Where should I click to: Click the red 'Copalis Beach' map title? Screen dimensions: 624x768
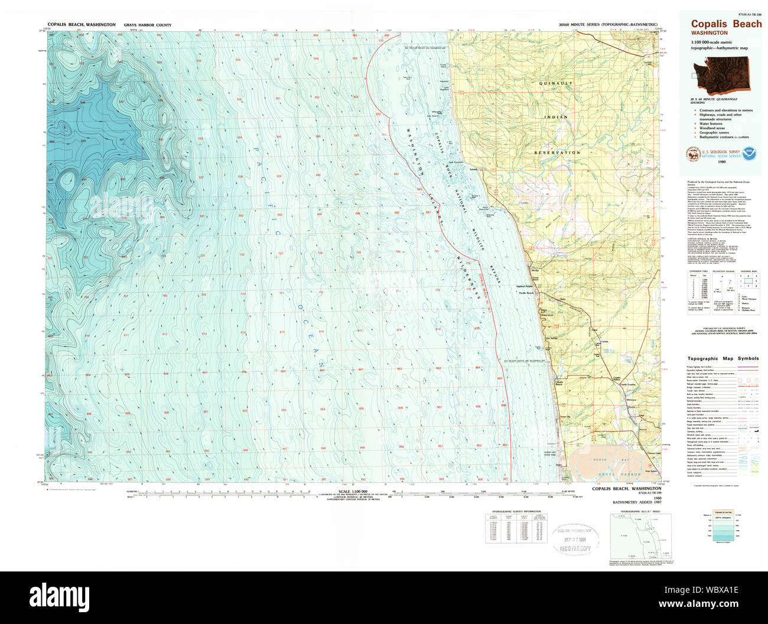726,24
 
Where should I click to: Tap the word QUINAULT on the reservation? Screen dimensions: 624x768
555,84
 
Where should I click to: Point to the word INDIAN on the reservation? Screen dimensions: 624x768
556,117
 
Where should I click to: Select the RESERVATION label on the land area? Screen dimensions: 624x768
557,152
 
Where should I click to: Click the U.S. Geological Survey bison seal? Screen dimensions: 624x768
692,154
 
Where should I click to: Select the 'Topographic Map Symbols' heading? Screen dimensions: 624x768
723,358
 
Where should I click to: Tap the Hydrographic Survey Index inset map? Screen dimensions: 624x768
640,537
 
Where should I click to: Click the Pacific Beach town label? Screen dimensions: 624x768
526,293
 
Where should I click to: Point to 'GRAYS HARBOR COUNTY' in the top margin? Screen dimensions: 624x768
148,25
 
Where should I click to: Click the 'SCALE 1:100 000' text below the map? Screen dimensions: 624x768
352,491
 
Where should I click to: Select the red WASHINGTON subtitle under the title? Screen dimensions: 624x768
710,33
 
